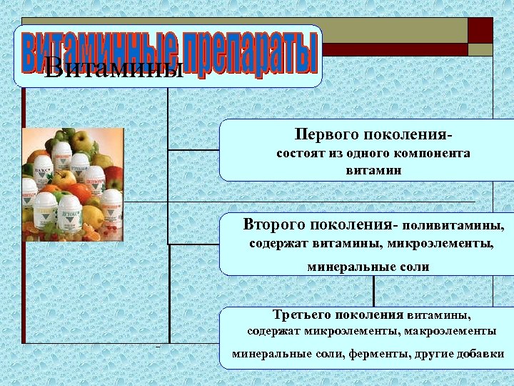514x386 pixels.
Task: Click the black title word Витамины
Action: (x=114, y=69)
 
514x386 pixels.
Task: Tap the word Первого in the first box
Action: (x=325, y=134)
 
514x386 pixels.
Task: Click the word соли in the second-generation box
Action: (x=415, y=267)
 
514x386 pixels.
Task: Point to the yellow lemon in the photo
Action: (x=93, y=215)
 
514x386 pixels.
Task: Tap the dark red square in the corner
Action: (x=480, y=30)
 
